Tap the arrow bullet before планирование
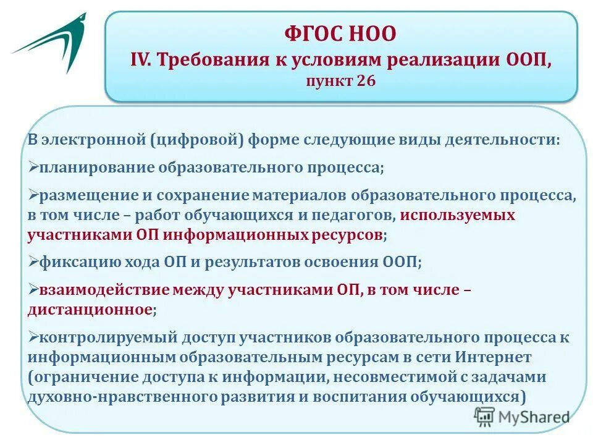pos(33,167)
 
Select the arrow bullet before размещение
pos(33,195)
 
